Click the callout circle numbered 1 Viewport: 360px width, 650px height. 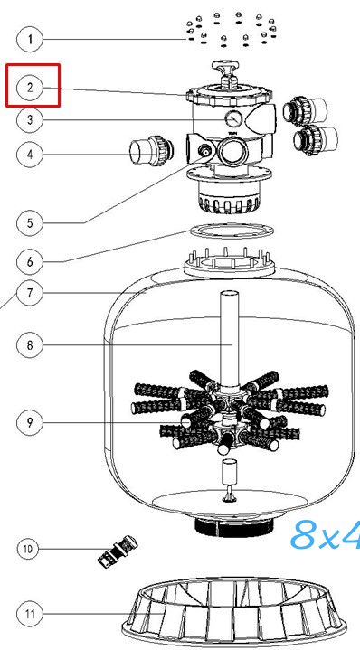30,40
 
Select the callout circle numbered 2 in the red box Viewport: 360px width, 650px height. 30,88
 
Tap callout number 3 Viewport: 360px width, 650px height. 30,120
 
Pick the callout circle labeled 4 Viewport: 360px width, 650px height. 30,155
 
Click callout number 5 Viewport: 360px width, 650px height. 30,223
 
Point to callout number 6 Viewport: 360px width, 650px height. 30,261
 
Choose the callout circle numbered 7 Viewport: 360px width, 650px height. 30,293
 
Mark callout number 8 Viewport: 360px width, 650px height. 30,344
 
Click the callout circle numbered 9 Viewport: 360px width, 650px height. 30,422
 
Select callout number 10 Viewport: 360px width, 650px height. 28,549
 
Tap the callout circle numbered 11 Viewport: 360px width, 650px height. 30,614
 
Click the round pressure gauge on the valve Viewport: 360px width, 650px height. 233,120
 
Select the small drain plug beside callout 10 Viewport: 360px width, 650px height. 118,550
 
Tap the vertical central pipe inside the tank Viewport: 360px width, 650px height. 229,338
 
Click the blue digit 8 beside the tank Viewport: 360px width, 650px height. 307,535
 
